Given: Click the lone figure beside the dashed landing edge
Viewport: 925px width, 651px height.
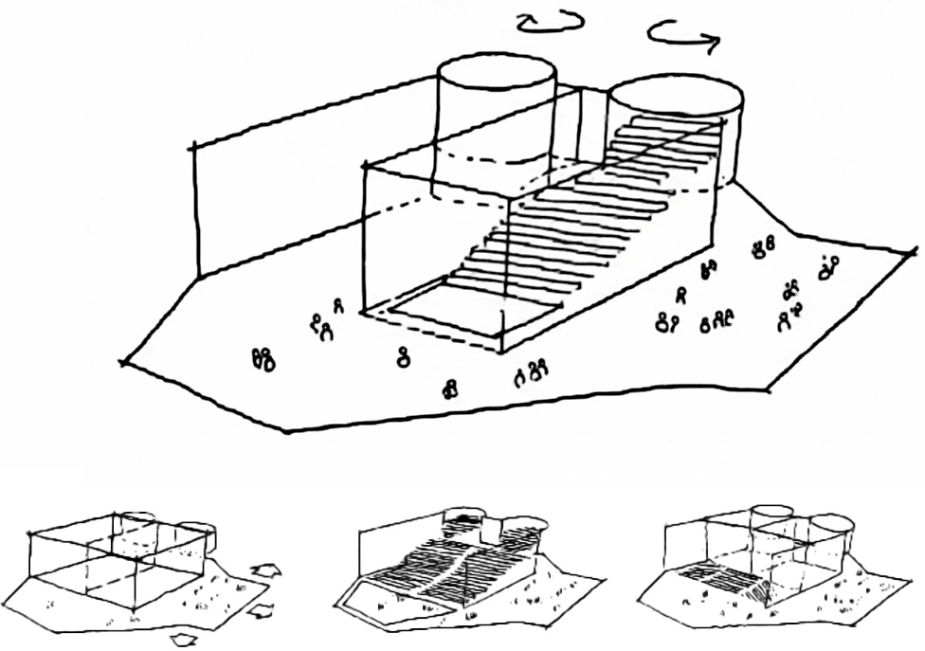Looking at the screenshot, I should (405, 357).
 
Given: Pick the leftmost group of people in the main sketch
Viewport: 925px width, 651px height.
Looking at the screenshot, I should (263, 358).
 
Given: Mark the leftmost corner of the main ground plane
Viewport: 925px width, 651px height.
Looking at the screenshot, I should (124, 361).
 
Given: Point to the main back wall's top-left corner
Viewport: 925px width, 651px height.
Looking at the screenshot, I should (193, 146).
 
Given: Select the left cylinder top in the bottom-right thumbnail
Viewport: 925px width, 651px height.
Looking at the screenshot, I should (772, 512).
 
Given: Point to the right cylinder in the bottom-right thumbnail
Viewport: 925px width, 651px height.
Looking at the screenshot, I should (829, 540).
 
